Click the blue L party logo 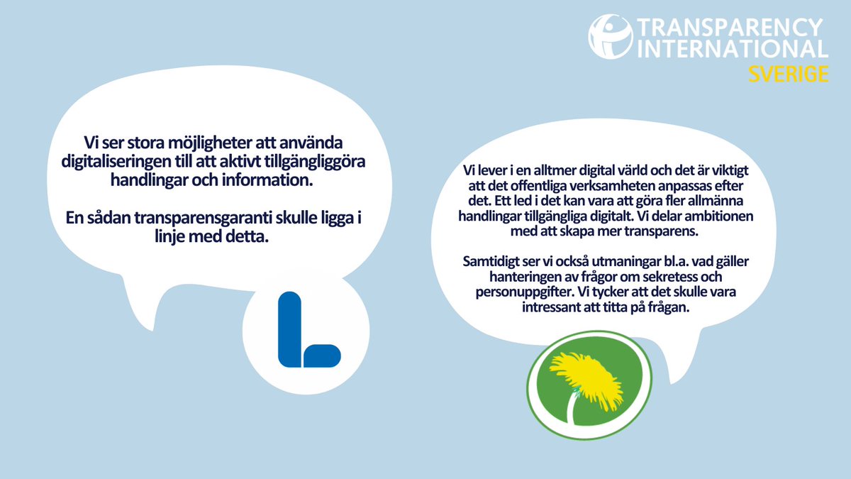306,331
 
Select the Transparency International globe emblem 610,37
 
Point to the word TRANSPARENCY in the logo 730,28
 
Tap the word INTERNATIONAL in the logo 734,49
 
